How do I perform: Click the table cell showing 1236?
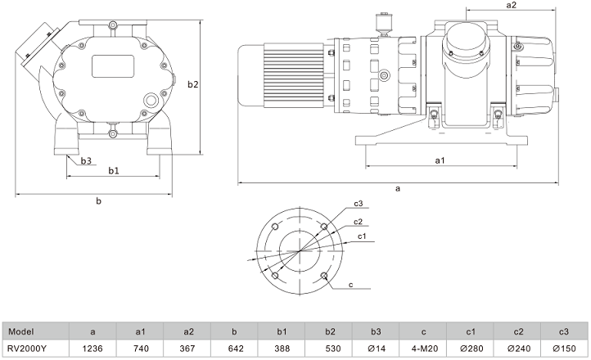[x=93, y=348]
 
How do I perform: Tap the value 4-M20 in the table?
[x=423, y=348]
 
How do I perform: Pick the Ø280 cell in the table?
[x=471, y=348]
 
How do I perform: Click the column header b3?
[x=376, y=331]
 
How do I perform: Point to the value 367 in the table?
[x=187, y=348]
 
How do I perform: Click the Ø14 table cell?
[x=376, y=348]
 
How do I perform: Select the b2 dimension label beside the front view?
[x=193, y=84]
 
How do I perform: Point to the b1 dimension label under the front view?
[x=114, y=170]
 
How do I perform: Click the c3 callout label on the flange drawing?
[x=359, y=203]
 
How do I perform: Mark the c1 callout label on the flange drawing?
[x=361, y=236]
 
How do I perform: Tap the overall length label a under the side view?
[x=398, y=188]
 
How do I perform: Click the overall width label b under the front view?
[x=99, y=200]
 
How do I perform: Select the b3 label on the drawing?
[x=86, y=161]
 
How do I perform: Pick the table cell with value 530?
[x=329, y=348]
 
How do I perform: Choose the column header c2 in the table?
[x=518, y=331]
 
